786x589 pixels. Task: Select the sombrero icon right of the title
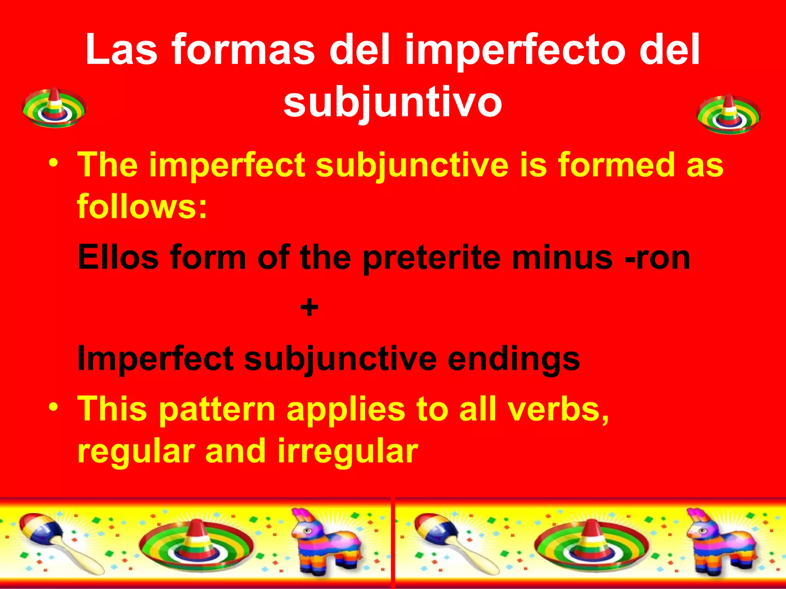point(729,114)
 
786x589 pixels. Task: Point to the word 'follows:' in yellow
point(142,206)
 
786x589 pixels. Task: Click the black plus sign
point(309,308)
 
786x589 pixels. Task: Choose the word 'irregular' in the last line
point(347,451)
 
